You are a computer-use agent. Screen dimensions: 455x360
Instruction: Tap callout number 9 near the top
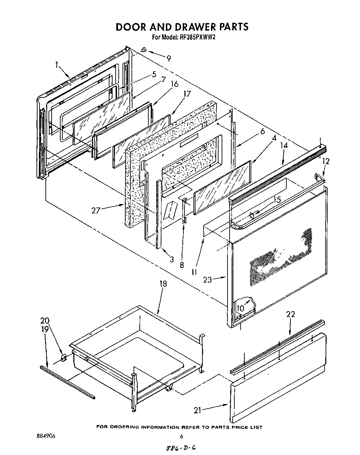pyautogui.click(x=168, y=59)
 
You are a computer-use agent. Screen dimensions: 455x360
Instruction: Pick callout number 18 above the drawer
pyautogui.click(x=163, y=284)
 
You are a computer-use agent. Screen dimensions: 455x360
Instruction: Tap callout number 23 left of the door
pyautogui.click(x=208, y=280)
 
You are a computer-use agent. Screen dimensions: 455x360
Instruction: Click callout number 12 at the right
pyautogui.click(x=326, y=161)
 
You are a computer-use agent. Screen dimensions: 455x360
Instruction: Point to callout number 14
pyautogui.click(x=284, y=146)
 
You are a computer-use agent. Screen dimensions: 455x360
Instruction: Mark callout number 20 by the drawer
pyautogui.click(x=45, y=320)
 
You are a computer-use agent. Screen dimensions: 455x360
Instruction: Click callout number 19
pyautogui.click(x=45, y=329)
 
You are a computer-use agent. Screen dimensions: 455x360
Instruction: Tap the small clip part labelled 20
pyautogui.click(x=63, y=359)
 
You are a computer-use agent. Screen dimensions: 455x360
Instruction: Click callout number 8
pyautogui.click(x=182, y=265)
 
